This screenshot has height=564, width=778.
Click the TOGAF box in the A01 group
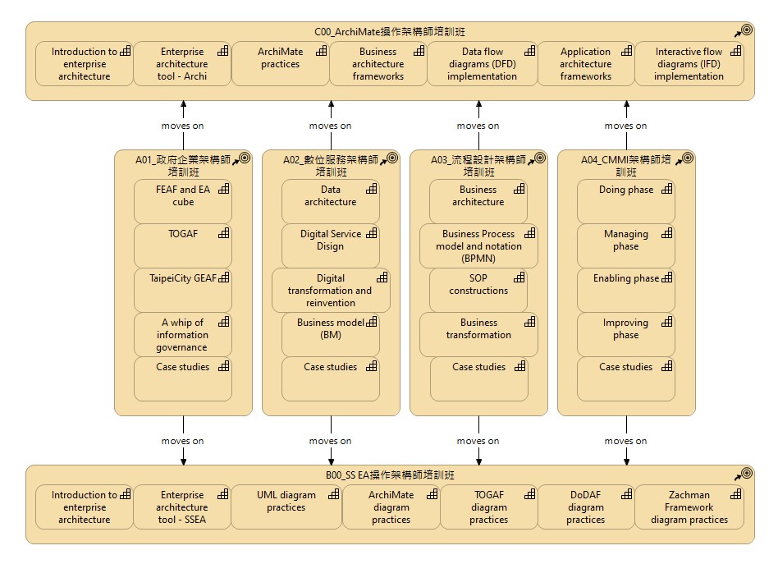click(x=182, y=245)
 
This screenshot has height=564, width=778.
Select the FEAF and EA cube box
click(x=182, y=202)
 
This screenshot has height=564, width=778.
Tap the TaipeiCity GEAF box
click(x=182, y=291)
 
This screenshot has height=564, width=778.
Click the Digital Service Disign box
click(x=331, y=245)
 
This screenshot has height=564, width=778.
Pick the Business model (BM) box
click(x=331, y=335)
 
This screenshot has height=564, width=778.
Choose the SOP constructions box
click(x=478, y=291)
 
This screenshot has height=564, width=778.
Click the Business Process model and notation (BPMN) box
click(x=478, y=245)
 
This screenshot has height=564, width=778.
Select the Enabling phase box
click(x=625, y=291)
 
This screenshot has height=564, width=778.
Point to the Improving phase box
click(x=625, y=335)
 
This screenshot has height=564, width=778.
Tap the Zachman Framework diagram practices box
click(x=689, y=507)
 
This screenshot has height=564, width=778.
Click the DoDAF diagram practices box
click(x=586, y=507)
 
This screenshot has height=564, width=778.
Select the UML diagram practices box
click(x=286, y=507)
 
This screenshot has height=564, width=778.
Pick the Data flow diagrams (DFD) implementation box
click(x=483, y=63)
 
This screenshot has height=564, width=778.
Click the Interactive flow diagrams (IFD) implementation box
click(x=689, y=63)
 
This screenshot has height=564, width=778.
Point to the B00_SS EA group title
click(x=390, y=475)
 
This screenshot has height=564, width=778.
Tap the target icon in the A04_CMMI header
click(x=688, y=158)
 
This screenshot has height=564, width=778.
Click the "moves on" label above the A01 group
click(x=182, y=126)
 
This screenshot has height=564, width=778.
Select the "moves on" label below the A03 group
click(x=478, y=441)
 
